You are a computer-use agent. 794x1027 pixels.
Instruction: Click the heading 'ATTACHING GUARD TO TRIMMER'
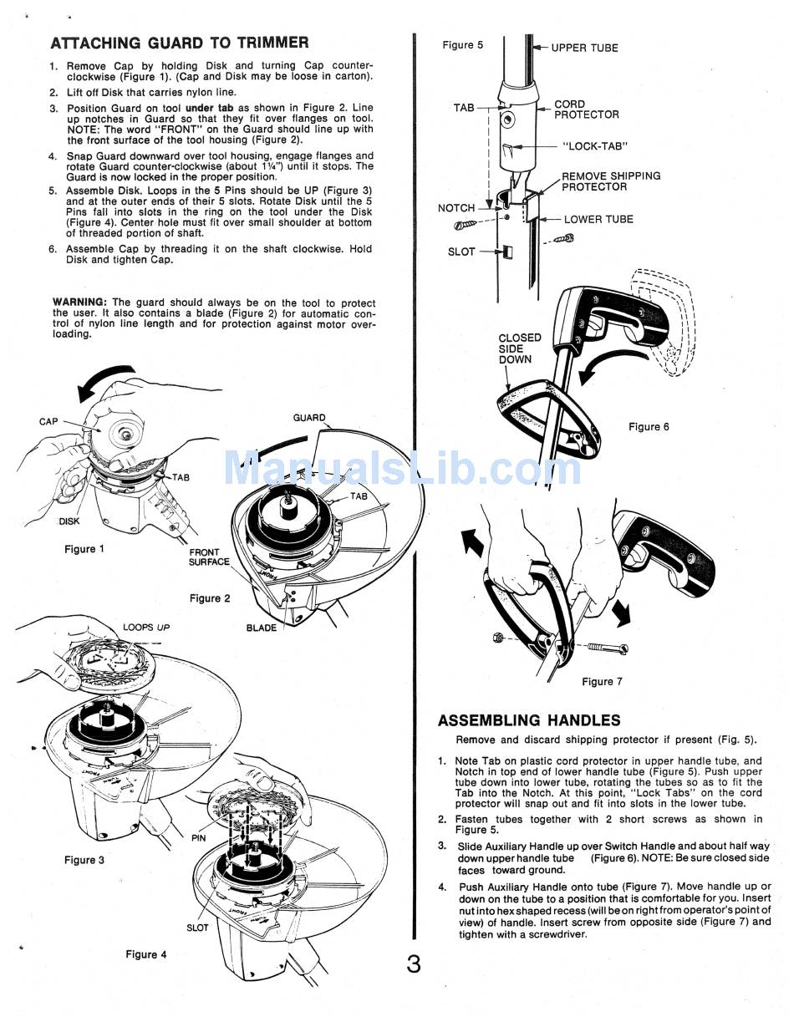click(179, 43)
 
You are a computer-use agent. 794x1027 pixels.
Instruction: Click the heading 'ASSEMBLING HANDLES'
click(529, 720)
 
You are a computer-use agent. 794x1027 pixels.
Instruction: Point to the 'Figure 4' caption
click(145, 954)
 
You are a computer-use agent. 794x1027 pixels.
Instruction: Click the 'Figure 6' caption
click(649, 427)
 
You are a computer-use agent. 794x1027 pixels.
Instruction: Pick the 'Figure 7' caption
click(602, 682)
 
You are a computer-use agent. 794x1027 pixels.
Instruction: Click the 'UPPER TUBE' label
click(584, 48)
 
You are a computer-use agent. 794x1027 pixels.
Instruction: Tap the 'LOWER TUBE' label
click(598, 219)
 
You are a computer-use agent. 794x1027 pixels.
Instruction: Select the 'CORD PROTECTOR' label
click(587, 109)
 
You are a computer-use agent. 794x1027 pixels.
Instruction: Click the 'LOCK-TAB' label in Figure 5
click(597, 146)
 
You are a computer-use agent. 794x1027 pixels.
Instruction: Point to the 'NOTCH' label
click(456, 208)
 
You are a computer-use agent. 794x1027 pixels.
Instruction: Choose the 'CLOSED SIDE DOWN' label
click(519, 348)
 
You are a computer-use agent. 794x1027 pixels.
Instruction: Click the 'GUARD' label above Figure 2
click(309, 418)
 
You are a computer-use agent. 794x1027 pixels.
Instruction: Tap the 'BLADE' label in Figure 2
click(261, 628)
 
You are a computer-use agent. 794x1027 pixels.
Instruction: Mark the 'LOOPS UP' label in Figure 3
click(146, 627)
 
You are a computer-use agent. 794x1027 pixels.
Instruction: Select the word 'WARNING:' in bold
click(79, 303)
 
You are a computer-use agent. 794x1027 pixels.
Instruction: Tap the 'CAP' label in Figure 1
click(48, 422)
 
